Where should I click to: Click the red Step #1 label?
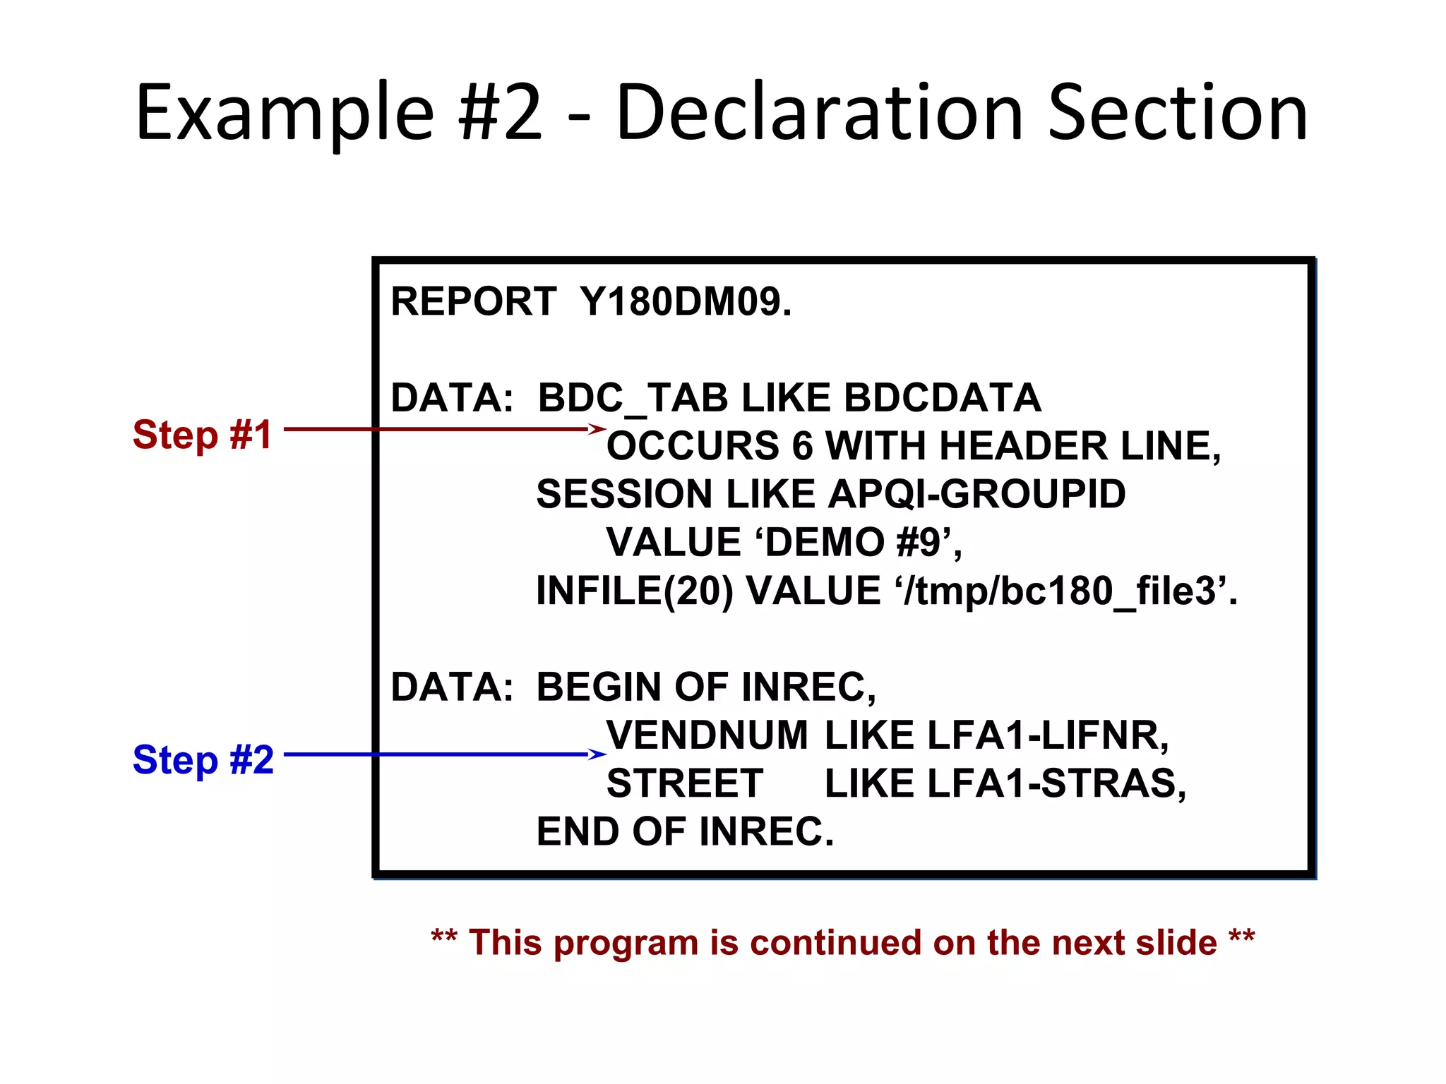coord(203,434)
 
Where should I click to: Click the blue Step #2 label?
coord(203,759)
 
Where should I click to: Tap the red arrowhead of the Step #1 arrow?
coord(597,428)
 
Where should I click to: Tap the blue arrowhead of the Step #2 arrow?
coord(597,754)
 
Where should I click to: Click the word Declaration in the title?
coord(820,113)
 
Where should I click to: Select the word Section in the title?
coord(1178,113)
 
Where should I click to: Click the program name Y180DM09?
coord(686,301)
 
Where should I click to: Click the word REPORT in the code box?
coord(473,301)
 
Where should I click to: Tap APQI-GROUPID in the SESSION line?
coord(977,493)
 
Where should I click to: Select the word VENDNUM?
coord(707,735)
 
